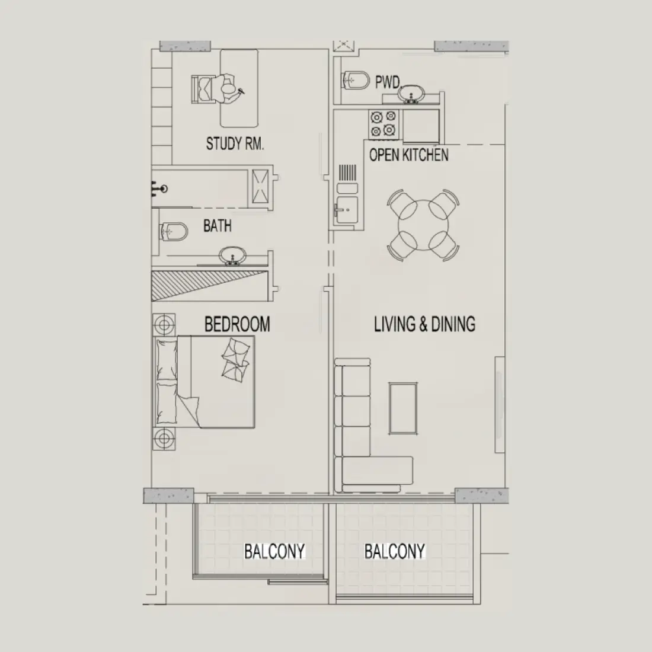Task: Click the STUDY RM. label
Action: (x=235, y=143)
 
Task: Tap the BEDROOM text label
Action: (x=237, y=324)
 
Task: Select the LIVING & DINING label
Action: (x=424, y=324)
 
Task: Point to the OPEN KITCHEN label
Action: (x=408, y=155)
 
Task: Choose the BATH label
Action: (x=217, y=226)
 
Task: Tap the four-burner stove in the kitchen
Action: (x=383, y=123)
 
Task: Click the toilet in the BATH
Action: (x=174, y=231)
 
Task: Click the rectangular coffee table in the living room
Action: (x=402, y=408)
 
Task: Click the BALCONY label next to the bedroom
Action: (x=274, y=551)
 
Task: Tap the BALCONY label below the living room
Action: (x=394, y=551)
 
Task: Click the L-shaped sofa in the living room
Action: (x=356, y=439)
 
